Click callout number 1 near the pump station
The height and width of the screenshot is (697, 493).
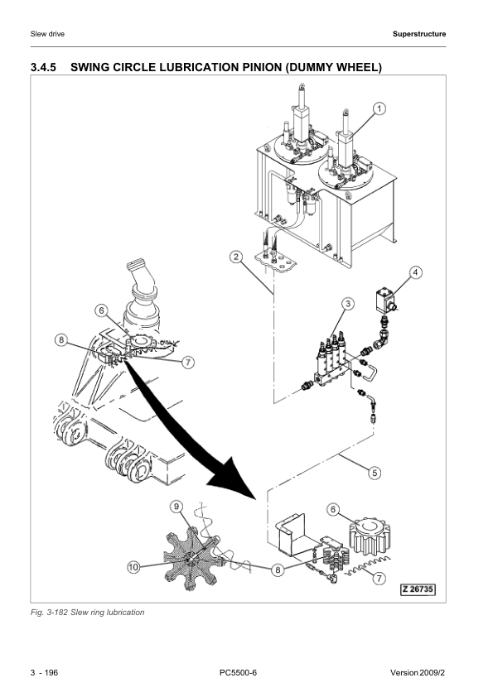pos(379,108)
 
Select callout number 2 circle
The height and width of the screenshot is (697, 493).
pos(236,257)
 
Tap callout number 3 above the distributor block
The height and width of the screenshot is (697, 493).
pos(348,304)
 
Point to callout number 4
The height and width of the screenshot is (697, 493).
pos(416,272)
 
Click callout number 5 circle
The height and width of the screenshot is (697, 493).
pos(375,473)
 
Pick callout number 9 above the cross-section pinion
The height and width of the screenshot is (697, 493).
pos(176,507)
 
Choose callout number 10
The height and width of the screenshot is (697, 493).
pos(133,567)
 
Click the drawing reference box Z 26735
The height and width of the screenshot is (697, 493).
pos(418,590)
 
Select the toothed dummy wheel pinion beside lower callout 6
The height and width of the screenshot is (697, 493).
pos(370,536)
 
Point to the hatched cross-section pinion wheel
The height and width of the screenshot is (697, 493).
pos(192,557)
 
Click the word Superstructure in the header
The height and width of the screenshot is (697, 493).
pos(419,34)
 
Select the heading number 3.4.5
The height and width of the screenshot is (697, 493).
pos(44,68)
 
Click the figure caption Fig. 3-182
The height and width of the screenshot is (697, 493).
pos(49,612)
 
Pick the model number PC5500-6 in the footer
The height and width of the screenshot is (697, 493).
pos(238,672)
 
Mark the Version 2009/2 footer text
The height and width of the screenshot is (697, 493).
pos(418,672)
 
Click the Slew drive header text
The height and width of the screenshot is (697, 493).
pos(47,34)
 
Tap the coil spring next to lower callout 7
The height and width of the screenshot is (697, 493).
pos(368,566)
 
